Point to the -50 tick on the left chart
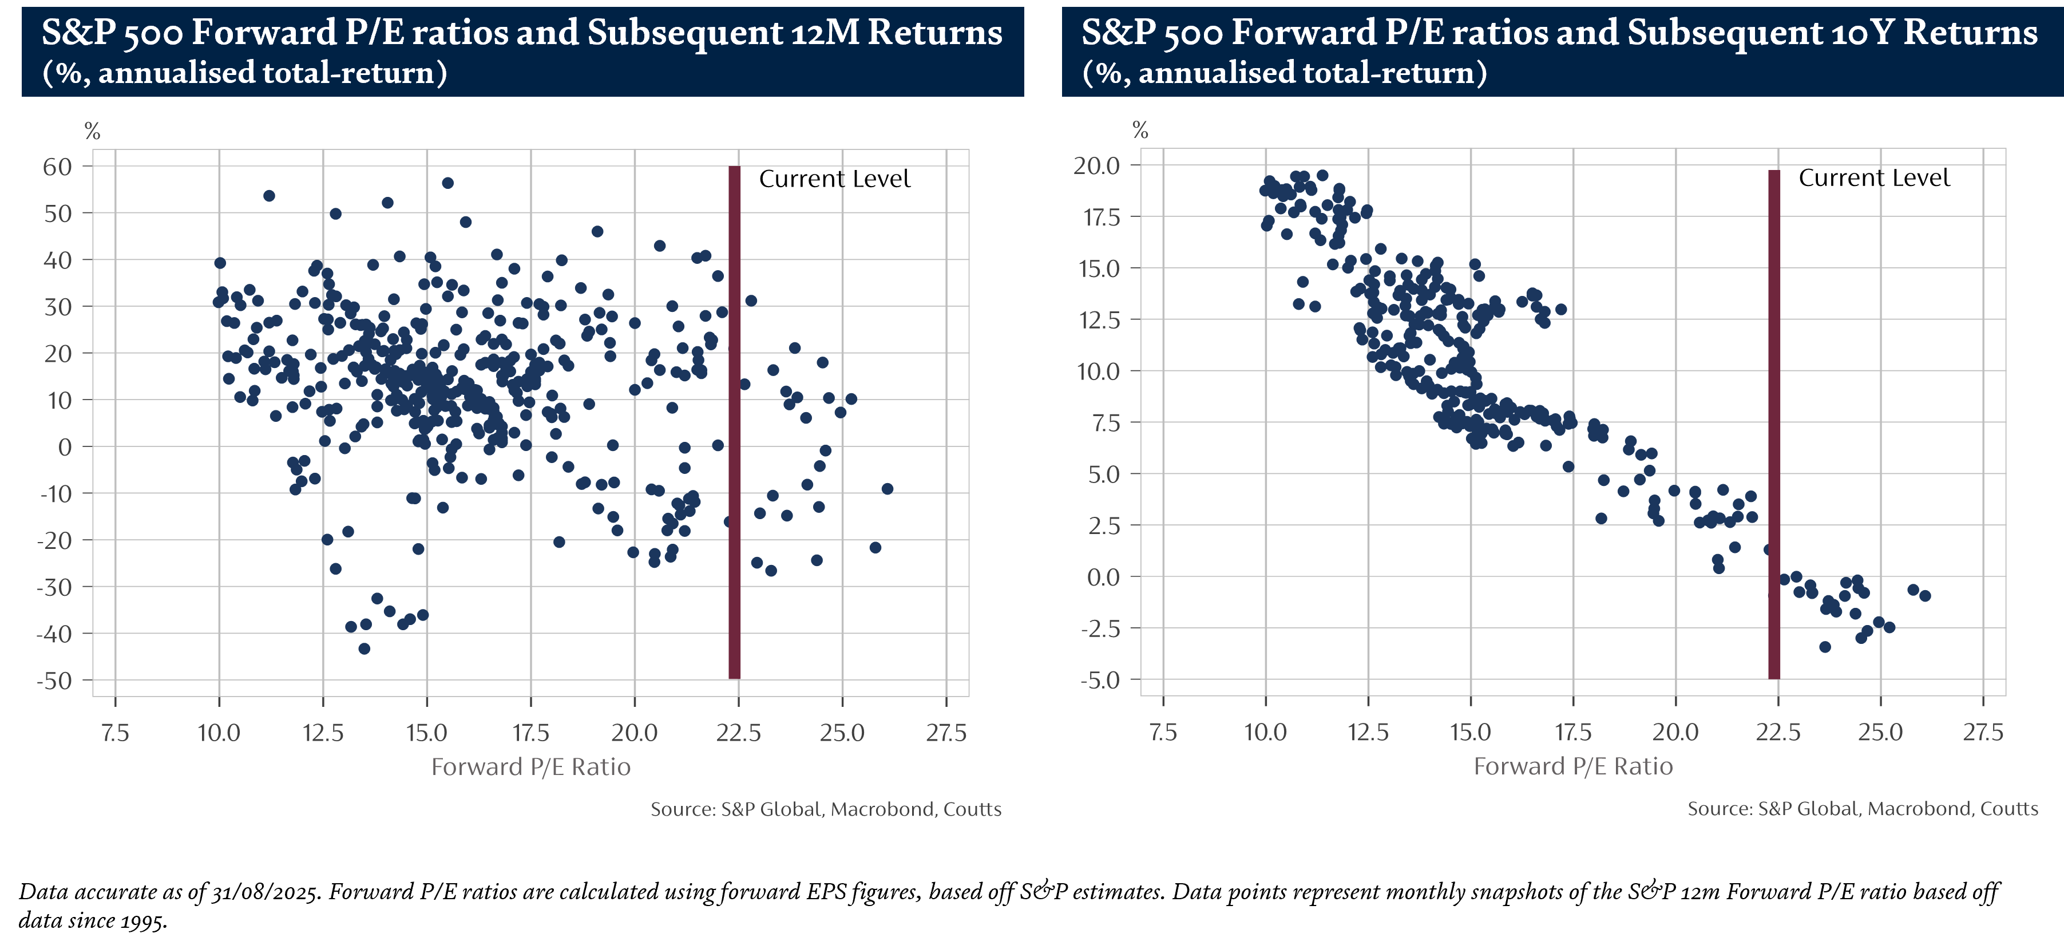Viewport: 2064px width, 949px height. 56,681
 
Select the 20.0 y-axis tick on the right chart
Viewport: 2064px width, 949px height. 1096,166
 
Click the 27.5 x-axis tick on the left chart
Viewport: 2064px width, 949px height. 946,733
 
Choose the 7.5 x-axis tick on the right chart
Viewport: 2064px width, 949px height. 1163,732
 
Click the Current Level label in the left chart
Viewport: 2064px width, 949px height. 834,179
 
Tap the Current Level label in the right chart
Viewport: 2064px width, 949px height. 1873,178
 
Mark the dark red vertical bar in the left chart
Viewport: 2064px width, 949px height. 734,422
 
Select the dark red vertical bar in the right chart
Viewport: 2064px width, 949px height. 1774,424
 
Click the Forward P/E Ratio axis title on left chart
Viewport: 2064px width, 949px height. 530,767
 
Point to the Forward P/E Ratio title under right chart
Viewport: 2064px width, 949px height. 1573,766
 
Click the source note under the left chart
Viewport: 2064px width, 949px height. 825,809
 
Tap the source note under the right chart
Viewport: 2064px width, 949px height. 1862,809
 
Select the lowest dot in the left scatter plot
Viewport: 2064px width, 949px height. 365,649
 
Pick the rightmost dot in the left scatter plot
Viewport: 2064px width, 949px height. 887,489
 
